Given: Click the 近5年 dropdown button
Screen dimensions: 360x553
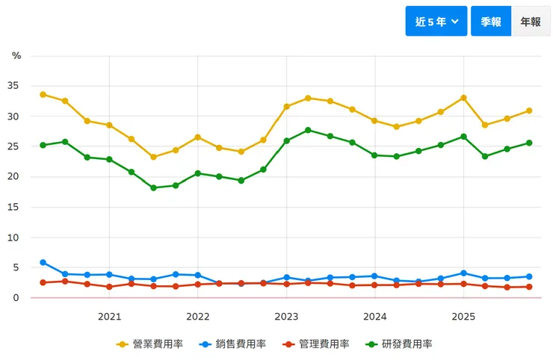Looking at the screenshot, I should coord(436,22).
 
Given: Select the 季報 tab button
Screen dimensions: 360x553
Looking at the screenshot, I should coord(491,22).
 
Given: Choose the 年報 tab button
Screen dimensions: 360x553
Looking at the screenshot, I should coord(531,22).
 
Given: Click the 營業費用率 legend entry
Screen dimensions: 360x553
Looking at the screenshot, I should coord(150,344).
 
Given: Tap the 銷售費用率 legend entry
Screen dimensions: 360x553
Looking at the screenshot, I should coord(232,344).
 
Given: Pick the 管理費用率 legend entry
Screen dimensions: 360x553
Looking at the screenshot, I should coord(315,344).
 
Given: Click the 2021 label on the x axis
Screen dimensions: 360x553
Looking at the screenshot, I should coord(109,316).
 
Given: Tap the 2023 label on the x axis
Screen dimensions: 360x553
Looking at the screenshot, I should coord(286,316).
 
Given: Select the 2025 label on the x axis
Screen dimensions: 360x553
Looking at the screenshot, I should coord(463,316).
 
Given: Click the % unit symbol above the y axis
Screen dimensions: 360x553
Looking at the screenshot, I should coord(16,56).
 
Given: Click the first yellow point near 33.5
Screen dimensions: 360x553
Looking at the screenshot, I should coord(43,95).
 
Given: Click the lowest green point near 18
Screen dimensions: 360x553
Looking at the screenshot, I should coord(153,187).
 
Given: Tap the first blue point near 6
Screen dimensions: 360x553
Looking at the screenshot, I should coord(43,262).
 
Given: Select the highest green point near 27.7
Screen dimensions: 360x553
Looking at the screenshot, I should coord(308,130).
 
